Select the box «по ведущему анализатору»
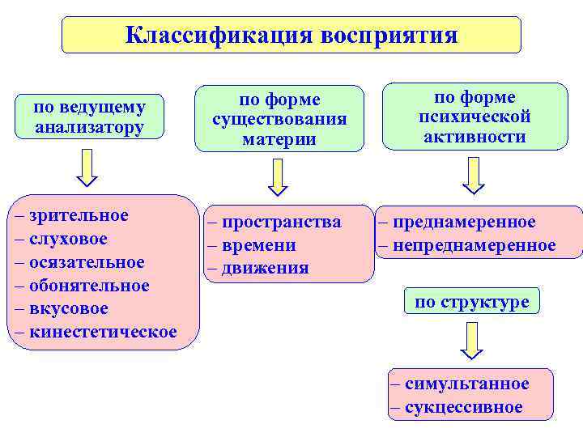point(90,117)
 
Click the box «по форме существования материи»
point(279,119)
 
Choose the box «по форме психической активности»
point(474,117)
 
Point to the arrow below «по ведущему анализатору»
point(87,168)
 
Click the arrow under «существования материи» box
point(279,176)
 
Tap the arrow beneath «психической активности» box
point(474,175)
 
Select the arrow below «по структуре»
point(471,341)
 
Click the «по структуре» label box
point(471,303)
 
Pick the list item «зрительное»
point(78,216)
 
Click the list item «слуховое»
point(67,240)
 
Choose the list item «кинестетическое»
point(102,332)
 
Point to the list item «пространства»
point(281,222)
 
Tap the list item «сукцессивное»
point(463,407)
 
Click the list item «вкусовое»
point(68,309)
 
